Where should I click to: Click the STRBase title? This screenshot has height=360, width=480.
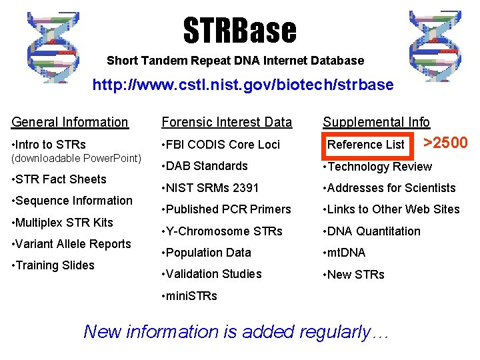pyautogui.click(x=239, y=30)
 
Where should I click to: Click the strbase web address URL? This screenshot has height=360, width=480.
pyautogui.click(x=243, y=85)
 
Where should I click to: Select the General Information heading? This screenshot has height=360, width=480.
pyautogui.click(x=70, y=122)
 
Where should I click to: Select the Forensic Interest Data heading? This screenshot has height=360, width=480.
pyautogui.click(x=227, y=122)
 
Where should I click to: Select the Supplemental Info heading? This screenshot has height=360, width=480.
pyautogui.click(x=376, y=122)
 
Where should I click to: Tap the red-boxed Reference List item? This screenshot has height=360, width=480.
pyautogui.click(x=366, y=145)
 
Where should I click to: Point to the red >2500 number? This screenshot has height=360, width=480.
pyautogui.click(x=446, y=143)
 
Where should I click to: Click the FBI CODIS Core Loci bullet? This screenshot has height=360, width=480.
pyautogui.click(x=221, y=145)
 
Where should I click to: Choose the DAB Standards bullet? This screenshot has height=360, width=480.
pyautogui.click(x=205, y=166)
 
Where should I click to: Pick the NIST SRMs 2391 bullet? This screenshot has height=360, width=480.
pyautogui.click(x=210, y=188)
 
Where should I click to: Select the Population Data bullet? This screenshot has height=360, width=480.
pyautogui.click(x=207, y=253)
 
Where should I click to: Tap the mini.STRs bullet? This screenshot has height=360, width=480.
pyautogui.click(x=189, y=296)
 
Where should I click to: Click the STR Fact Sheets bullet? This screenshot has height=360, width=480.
pyautogui.click(x=59, y=179)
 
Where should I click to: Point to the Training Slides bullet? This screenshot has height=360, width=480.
pyautogui.click(x=53, y=265)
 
